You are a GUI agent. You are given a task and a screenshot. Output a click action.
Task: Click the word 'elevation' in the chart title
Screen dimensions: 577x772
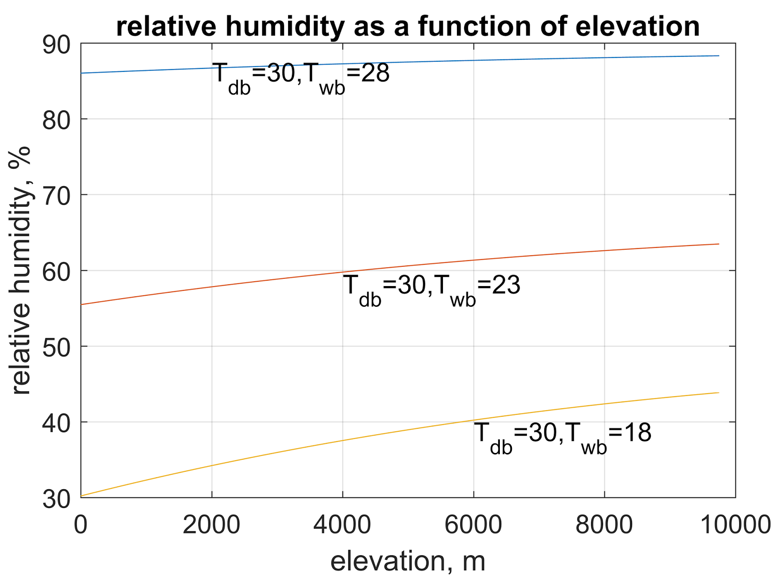637,26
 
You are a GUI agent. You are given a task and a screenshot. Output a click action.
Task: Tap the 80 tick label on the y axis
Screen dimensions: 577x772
56,120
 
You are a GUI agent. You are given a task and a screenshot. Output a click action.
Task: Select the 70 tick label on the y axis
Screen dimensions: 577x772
56,196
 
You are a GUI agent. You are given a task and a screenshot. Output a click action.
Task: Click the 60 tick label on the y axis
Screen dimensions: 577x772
56,272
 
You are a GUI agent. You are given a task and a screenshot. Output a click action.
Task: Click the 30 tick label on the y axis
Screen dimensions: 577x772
56,499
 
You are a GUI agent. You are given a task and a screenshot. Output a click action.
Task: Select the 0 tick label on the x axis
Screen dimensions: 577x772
81,524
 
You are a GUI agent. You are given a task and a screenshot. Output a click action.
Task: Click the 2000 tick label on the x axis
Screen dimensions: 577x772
211,524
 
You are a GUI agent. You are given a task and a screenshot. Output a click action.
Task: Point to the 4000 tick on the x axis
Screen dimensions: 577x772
342,524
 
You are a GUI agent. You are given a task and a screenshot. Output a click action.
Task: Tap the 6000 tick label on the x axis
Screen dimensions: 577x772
473,524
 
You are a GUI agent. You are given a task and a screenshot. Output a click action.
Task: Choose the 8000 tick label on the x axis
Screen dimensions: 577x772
604,524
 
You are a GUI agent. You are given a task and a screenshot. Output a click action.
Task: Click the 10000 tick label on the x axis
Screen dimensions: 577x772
735,524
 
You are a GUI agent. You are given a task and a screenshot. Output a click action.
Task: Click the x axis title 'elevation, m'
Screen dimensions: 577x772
408,561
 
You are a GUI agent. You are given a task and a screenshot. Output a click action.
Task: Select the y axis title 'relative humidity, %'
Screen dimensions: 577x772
20,270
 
